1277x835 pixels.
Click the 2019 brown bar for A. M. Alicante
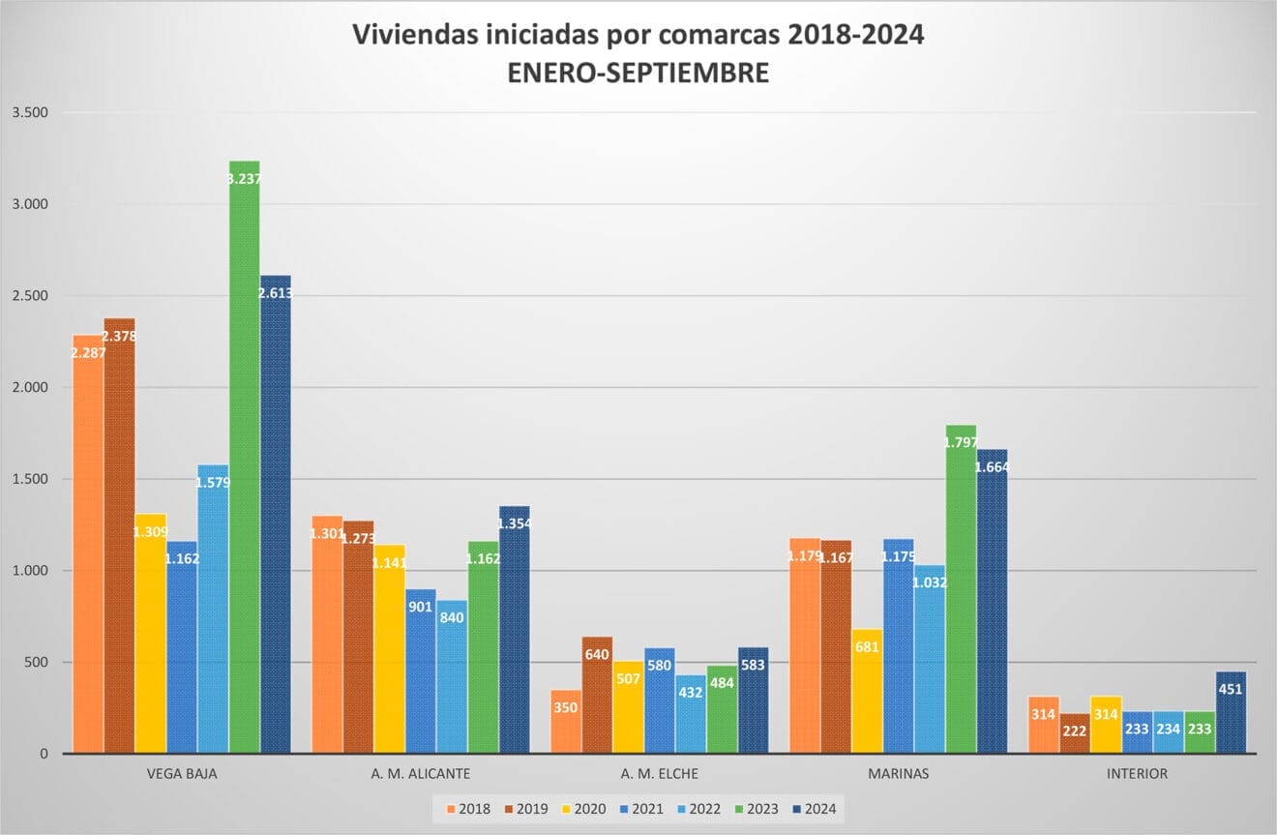(358, 639)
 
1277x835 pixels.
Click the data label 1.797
(961, 442)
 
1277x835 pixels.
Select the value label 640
(597, 654)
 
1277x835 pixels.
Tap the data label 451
(1230, 689)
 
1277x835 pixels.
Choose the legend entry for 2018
(467, 809)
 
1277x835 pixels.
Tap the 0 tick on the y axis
(44, 754)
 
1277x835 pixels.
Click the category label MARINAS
(898, 774)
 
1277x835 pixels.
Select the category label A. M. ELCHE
(659, 774)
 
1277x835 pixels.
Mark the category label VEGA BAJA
(181, 774)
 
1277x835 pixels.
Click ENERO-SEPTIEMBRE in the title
(638, 73)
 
